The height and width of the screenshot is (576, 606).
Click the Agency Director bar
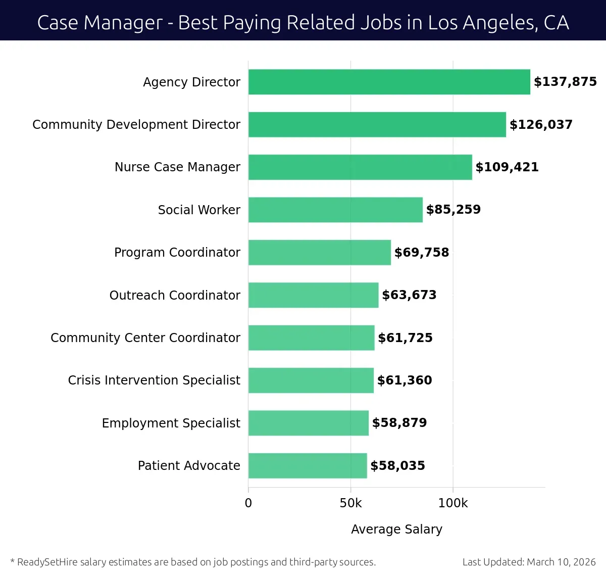[389, 82]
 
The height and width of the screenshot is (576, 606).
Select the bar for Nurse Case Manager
[360, 167]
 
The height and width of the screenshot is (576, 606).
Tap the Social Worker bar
[335, 210]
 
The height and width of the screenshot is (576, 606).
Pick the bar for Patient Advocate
[308, 465]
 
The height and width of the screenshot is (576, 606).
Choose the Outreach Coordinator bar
[313, 295]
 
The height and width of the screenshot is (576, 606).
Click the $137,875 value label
[565, 82]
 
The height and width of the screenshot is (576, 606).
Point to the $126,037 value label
[541, 125]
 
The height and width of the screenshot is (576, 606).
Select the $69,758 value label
[421, 252]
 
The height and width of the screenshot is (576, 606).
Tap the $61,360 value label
[405, 380]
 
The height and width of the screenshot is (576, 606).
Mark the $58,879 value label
[399, 423]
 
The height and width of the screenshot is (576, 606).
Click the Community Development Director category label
[136, 125]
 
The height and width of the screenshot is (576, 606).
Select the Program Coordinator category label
[177, 252]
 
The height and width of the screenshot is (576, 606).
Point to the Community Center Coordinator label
[145, 338]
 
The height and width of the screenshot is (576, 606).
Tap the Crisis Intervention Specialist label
[154, 380]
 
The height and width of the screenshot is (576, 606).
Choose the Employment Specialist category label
[171, 423]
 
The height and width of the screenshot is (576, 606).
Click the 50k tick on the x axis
[350, 503]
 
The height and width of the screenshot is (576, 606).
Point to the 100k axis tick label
[453, 503]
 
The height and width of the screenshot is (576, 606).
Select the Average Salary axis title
[396, 529]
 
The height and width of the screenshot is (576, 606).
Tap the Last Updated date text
[529, 562]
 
